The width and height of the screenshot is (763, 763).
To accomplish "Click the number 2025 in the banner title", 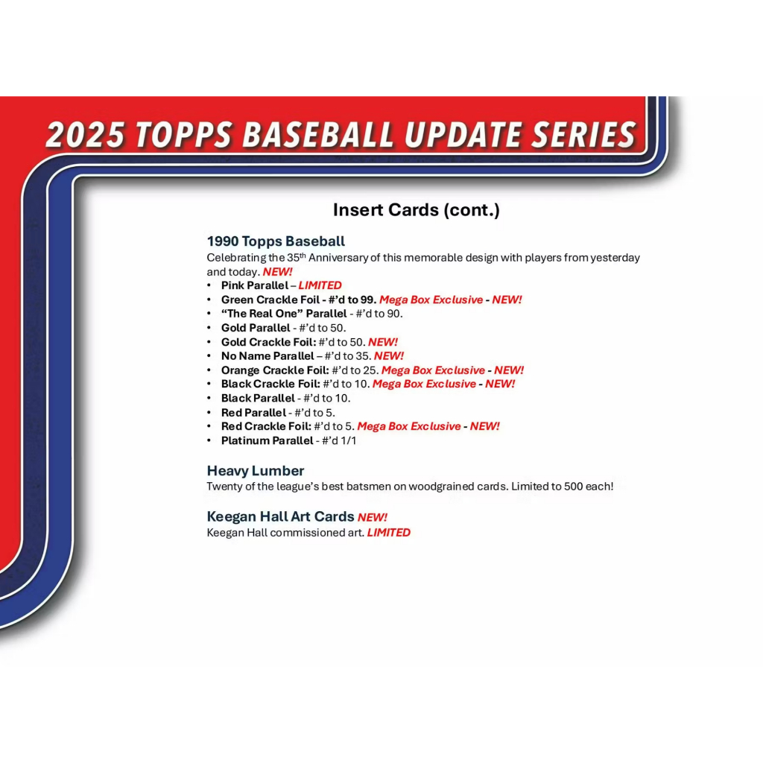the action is (x=86, y=134).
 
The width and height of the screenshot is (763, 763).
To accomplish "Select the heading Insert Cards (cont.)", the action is (x=416, y=209).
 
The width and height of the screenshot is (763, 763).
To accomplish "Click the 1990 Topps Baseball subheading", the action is (x=276, y=241).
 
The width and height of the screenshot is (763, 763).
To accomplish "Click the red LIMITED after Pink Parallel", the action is (x=320, y=285).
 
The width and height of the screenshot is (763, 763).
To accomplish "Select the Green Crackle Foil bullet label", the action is (x=270, y=300).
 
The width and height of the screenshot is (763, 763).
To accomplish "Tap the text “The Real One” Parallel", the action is (x=284, y=314).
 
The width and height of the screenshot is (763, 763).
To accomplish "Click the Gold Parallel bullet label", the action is (x=256, y=328).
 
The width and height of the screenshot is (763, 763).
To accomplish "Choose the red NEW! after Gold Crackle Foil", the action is (x=383, y=342).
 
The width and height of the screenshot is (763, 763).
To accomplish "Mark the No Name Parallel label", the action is (x=267, y=356).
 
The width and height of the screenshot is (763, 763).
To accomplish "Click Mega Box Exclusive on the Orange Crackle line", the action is (x=433, y=370).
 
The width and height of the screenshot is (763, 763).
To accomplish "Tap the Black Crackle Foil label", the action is (x=270, y=384).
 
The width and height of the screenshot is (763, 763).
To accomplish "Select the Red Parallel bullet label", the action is (x=253, y=413).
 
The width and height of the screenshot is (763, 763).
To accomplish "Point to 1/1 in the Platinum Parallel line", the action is (x=349, y=441).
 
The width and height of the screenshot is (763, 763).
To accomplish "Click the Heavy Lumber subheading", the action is (x=256, y=471).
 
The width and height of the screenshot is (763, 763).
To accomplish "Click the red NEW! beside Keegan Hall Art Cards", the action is (x=373, y=517).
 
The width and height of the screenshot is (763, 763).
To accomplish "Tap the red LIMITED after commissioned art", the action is (x=389, y=533).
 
